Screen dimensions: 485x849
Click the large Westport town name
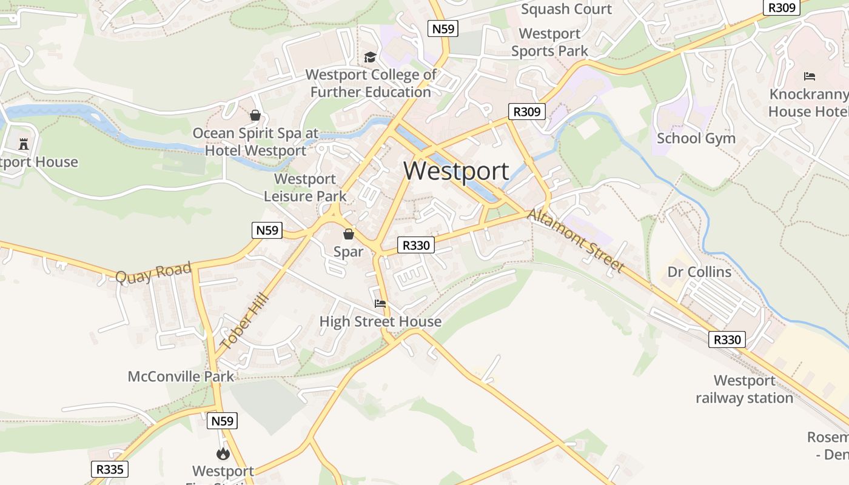coord(456,171)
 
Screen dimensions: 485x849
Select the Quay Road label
coord(153,272)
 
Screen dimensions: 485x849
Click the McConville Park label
coord(181,376)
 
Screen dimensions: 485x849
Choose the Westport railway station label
coord(744,389)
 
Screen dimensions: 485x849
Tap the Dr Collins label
coord(699,272)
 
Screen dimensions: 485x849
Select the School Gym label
coord(696,138)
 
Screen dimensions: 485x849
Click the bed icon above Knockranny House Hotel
coord(810,76)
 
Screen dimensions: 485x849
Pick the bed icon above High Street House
coord(380,304)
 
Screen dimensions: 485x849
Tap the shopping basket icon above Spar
coord(349,234)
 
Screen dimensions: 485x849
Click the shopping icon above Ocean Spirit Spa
coord(255,115)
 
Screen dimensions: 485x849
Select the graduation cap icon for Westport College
coord(370,57)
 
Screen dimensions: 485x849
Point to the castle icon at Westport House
coord(24,144)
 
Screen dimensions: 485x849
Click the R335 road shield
coord(110,469)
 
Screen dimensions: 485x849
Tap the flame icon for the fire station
coord(223,453)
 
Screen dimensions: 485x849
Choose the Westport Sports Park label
coord(550,42)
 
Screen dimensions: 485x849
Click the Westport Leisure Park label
coord(305,187)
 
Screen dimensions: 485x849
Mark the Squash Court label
coord(566,9)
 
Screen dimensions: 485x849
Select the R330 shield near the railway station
coord(727,339)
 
